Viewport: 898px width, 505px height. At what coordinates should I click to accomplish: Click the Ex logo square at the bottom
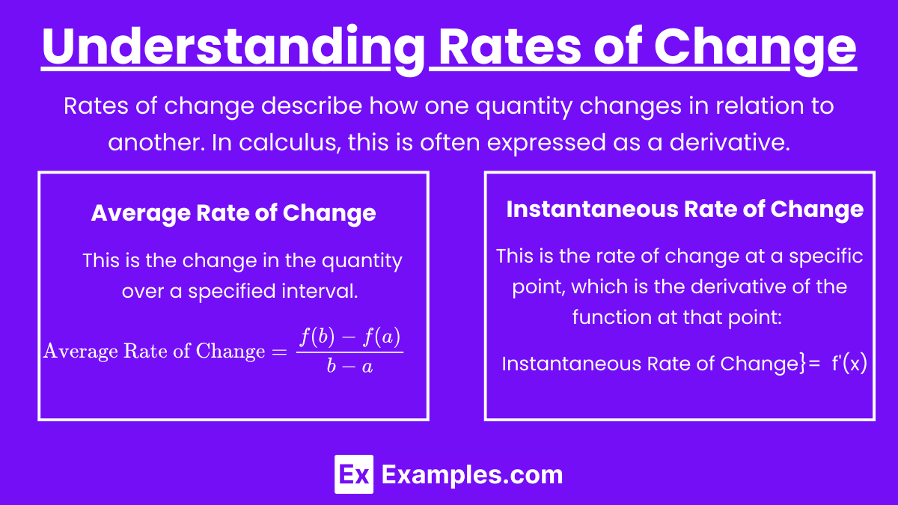click(354, 474)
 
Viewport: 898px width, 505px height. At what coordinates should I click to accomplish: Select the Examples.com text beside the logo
click(472, 475)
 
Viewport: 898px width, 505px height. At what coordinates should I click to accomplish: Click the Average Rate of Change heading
click(233, 213)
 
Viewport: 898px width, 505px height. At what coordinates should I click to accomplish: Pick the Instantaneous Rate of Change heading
click(685, 209)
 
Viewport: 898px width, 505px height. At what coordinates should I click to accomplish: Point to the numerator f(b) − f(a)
click(350, 337)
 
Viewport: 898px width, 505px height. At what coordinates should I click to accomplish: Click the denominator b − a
click(349, 366)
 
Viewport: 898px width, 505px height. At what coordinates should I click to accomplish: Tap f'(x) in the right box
click(849, 364)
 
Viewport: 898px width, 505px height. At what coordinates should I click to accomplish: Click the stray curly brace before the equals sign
click(801, 364)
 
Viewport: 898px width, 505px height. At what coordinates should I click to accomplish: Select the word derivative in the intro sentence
click(730, 143)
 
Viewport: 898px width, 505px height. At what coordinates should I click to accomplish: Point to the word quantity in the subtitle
click(524, 108)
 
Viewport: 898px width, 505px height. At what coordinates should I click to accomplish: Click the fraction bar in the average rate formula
click(349, 352)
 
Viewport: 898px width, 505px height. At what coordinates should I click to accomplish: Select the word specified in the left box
click(231, 292)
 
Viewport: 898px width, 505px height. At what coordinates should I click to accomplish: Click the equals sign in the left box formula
click(279, 352)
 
